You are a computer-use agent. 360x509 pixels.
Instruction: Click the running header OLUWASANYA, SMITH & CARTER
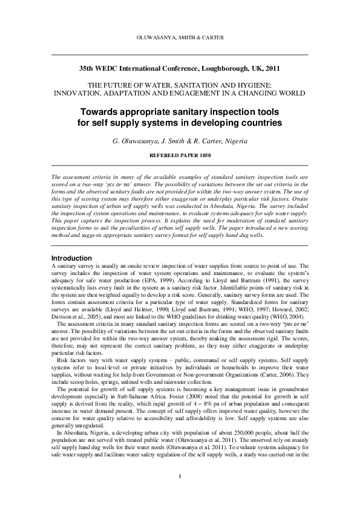pyautogui.click(x=180, y=37)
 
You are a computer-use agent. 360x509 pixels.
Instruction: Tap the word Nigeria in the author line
pyautogui.click(x=231, y=141)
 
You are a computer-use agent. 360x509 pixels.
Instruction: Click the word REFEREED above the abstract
pyautogui.click(x=163, y=155)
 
